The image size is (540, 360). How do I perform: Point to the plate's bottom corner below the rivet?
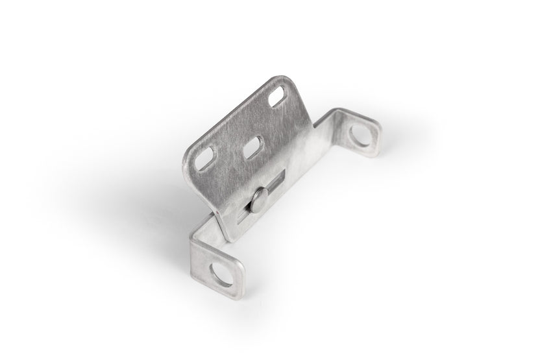pos(230,237)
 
